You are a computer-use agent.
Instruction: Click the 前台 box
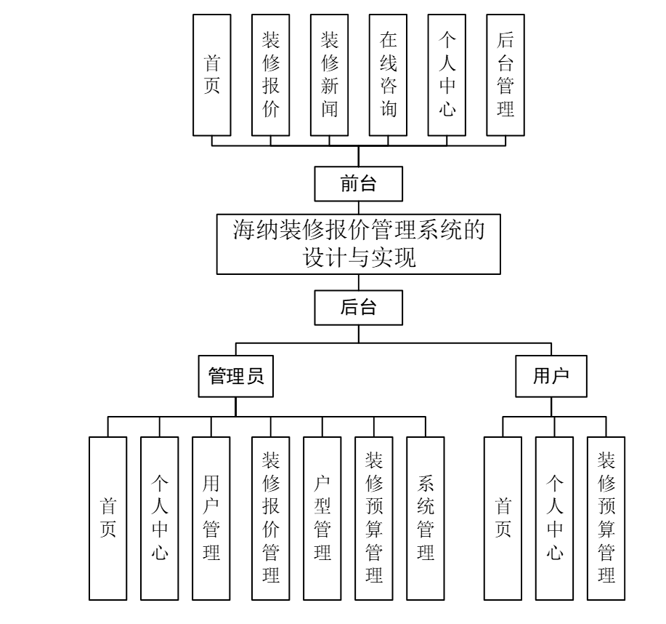coord(358,184)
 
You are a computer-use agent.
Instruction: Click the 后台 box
coord(358,307)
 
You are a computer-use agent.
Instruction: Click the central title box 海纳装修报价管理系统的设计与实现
coord(359,244)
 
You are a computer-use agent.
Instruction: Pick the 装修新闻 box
coord(329,74)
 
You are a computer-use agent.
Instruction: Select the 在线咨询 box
coord(388,74)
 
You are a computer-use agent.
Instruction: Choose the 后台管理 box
coord(505,74)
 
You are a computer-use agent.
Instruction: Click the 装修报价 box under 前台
coord(270,74)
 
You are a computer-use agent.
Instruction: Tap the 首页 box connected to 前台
coord(211,74)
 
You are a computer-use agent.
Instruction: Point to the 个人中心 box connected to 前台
coord(447,74)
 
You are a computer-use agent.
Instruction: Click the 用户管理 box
coord(211,518)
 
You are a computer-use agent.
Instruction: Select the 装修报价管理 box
coord(270,518)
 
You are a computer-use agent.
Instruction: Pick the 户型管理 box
coord(322,518)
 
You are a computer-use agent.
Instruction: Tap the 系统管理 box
coord(425,518)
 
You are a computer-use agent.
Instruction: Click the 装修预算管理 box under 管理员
coord(373,518)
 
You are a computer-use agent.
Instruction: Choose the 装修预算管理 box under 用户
coord(606,518)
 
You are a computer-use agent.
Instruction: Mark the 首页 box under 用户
coord(503,518)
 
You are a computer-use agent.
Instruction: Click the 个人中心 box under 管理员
coord(160,518)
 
